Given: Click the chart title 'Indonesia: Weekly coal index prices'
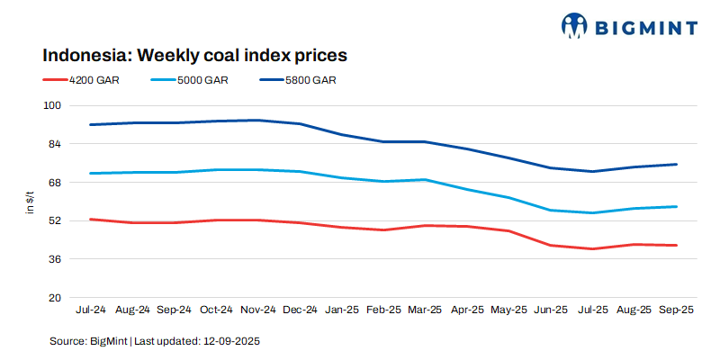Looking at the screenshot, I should point(195,55).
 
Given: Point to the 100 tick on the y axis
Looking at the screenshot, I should point(51,105).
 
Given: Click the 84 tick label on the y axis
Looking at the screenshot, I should point(54,144).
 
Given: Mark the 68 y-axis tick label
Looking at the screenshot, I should point(54,183).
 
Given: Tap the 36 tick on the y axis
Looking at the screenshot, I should point(54,259).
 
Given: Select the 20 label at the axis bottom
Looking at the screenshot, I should point(54,298).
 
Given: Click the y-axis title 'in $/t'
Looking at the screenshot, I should point(29,202).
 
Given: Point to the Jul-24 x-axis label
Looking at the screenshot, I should point(90,310).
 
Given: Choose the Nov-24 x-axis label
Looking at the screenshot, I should point(258,310).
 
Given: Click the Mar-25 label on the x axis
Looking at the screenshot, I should point(425,310).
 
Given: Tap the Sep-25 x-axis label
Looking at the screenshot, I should point(676,310).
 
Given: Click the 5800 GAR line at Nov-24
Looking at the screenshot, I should point(258,120).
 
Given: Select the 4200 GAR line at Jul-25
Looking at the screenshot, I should point(592,248).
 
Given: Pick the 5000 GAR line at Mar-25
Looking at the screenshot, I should point(425,179).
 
